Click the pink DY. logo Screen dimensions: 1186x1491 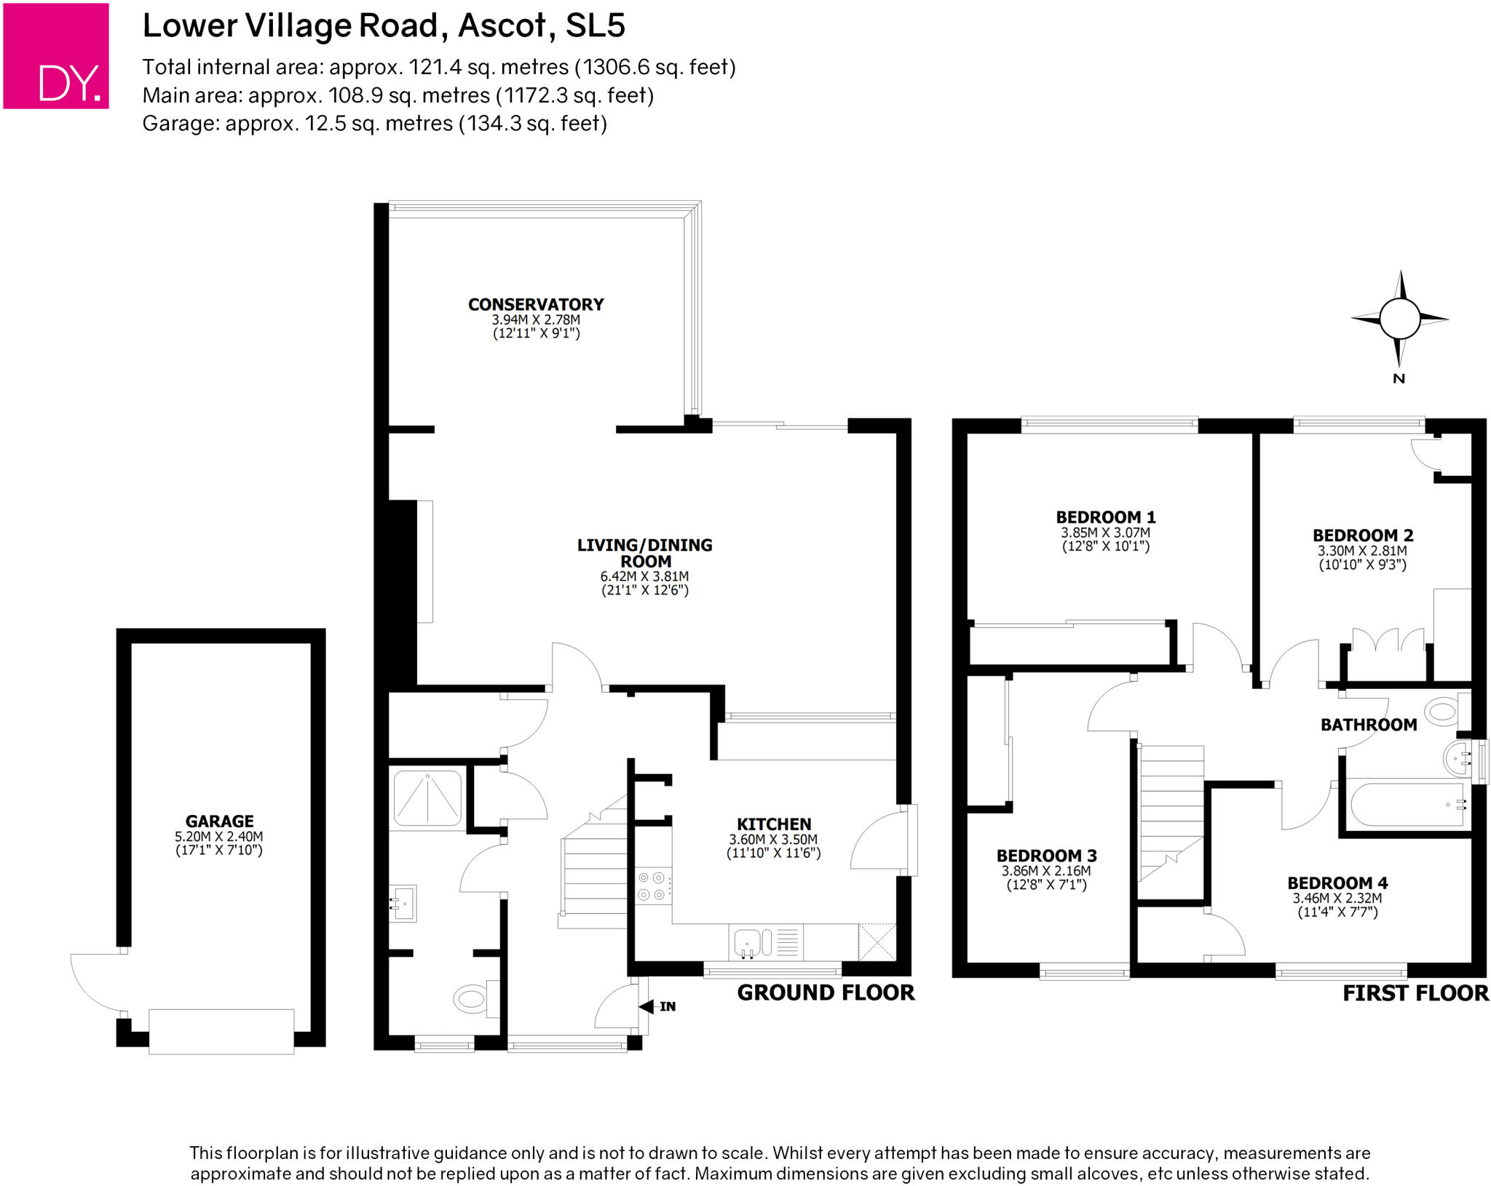(56, 56)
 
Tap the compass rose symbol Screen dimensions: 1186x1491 (1399, 319)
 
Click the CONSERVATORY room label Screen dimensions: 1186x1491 (536, 304)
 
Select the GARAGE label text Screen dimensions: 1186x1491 (219, 821)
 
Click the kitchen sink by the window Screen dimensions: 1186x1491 (748, 942)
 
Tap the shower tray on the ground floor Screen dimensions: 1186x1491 (427, 797)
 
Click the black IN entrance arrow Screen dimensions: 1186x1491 (646, 1007)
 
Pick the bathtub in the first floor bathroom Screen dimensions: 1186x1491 (1407, 804)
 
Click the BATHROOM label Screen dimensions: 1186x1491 (1368, 725)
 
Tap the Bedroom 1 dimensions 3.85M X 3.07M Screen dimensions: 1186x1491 (1105, 533)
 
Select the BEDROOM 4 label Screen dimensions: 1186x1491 (1337, 883)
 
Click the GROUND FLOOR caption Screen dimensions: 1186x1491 (826, 992)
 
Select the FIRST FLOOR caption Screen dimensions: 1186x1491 (1415, 993)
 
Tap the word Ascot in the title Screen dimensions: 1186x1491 (502, 25)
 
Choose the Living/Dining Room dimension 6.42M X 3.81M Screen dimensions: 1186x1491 (644, 576)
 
